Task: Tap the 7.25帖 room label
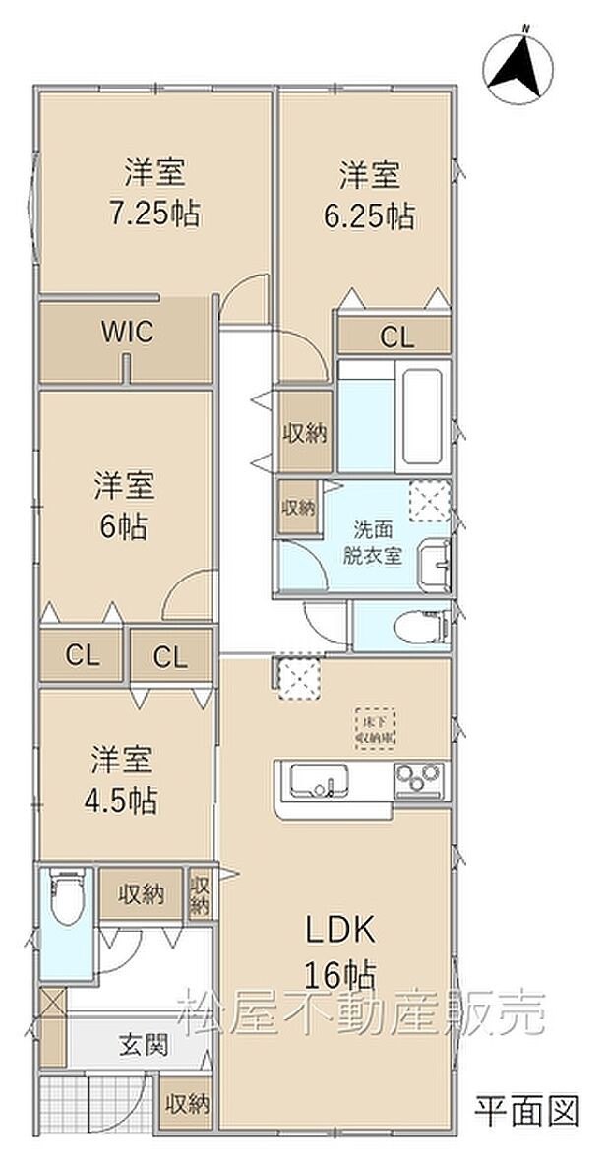click(154, 195)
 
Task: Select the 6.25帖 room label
click(369, 196)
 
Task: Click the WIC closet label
click(127, 333)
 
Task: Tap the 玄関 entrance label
click(144, 1044)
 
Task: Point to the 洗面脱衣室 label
click(372, 542)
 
